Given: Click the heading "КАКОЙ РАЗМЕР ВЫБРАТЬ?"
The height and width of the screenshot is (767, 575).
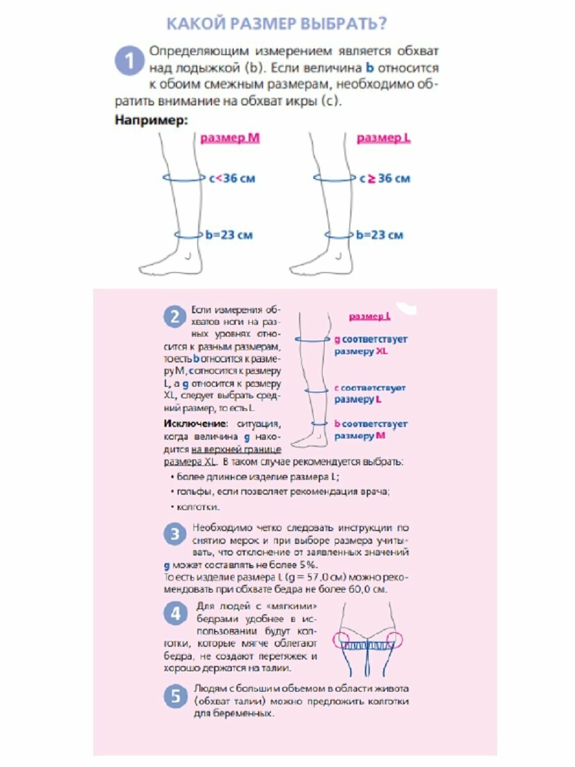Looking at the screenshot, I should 276,24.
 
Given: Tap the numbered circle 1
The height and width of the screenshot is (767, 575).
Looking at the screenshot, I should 128,62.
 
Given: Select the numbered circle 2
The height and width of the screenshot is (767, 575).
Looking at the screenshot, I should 174,316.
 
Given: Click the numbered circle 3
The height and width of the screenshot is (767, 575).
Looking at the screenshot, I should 174,534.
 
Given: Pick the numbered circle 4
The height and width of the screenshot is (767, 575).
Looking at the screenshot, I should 174,614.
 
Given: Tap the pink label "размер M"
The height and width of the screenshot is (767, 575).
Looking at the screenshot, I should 230,137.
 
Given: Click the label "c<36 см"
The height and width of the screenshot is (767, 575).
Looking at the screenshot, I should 231,178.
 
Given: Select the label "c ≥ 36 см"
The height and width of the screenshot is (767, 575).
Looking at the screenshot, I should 384,178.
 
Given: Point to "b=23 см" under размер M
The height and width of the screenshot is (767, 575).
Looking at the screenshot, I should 229,235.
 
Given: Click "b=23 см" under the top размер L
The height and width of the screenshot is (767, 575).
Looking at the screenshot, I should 379,235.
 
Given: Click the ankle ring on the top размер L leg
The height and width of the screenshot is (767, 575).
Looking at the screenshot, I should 337,235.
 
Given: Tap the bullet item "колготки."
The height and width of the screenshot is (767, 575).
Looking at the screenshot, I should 197,507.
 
